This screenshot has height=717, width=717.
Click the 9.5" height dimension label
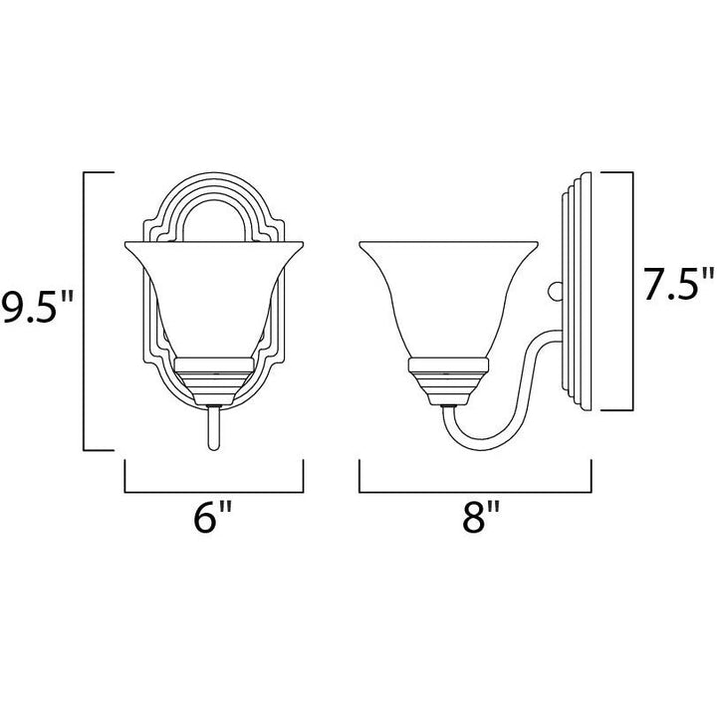click(x=37, y=307)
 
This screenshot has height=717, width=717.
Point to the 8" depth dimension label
click(x=481, y=517)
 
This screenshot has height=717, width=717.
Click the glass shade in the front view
click(x=214, y=293)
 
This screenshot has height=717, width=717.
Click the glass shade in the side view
click(x=448, y=293)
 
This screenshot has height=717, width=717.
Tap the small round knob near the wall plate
click(x=555, y=291)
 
